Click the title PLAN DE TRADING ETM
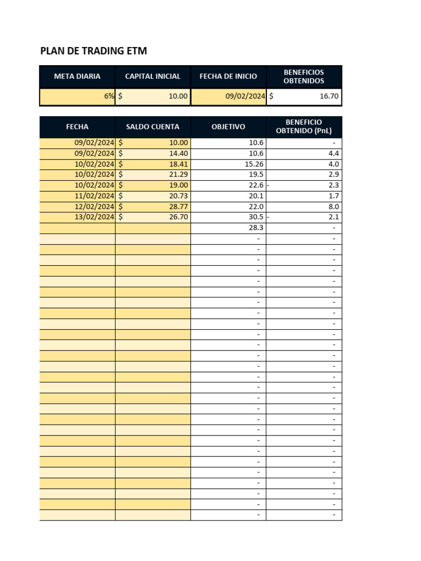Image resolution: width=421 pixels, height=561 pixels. pyautogui.click(x=94, y=51)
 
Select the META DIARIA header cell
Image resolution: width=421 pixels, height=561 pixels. pyautogui.click(x=77, y=77)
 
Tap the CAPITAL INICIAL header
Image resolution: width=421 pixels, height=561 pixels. pyautogui.click(x=152, y=77)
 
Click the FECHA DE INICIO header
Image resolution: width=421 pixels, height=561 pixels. pyautogui.click(x=228, y=77)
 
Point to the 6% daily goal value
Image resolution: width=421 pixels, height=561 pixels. pyautogui.click(x=109, y=97)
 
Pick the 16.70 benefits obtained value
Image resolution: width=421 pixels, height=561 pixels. pyautogui.click(x=329, y=97)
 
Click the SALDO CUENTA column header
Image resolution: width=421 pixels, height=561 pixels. pyautogui.click(x=152, y=127)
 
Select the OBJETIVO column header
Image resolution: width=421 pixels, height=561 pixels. pyautogui.click(x=228, y=127)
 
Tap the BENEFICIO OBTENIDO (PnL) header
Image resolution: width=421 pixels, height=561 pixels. pyautogui.click(x=304, y=127)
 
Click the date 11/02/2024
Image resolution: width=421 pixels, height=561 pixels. pyautogui.click(x=94, y=196)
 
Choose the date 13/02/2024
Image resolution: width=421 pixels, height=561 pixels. pyautogui.click(x=94, y=217)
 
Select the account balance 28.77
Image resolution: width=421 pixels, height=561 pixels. pyautogui.click(x=178, y=207)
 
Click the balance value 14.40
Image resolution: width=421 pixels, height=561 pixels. pyautogui.click(x=178, y=154)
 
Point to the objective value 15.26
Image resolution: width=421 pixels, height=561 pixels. pyautogui.click(x=253, y=164)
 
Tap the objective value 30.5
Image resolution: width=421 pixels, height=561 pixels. pyautogui.click(x=256, y=217)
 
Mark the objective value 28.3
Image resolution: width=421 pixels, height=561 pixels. pyautogui.click(x=256, y=228)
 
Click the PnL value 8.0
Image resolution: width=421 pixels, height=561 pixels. pyautogui.click(x=333, y=207)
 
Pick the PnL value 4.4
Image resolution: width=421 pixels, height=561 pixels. pyautogui.click(x=333, y=154)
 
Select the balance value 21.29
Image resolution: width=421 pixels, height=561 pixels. pyautogui.click(x=178, y=175)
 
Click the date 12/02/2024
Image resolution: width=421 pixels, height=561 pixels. pyautogui.click(x=94, y=207)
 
